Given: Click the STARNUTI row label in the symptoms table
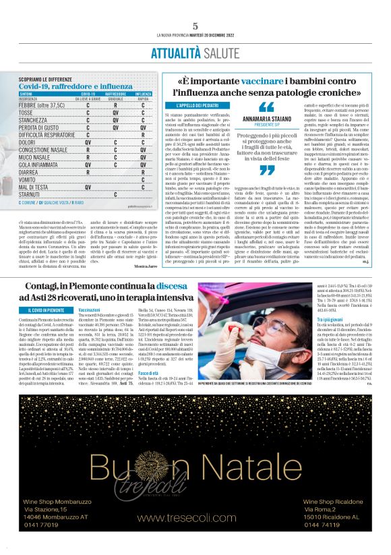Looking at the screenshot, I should (x=30, y=193).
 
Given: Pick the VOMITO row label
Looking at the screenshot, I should (x=28, y=179).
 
